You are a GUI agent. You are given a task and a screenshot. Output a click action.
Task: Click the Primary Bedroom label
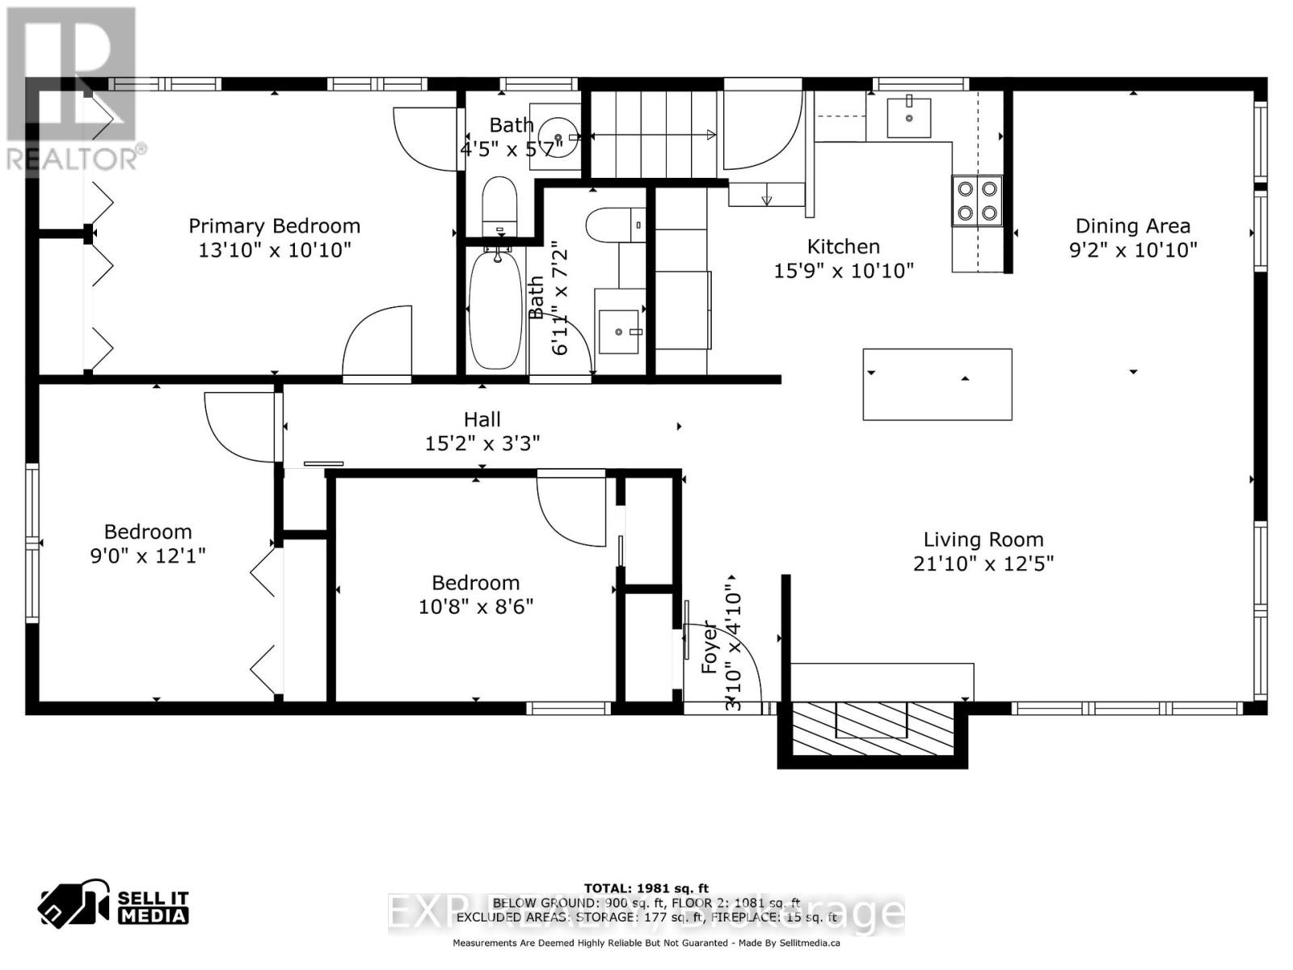click(x=274, y=226)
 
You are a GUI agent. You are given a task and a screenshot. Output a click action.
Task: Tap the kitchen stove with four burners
click(x=977, y=201)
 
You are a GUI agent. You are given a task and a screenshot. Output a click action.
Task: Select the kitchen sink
click(x=909, y=118)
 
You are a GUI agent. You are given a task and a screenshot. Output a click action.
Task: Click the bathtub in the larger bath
click(x=495, y=309)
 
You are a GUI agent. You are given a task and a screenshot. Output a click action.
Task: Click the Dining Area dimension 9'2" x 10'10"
click(x=1132, y=250)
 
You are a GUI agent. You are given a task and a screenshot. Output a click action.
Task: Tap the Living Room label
click(x=983, y=539)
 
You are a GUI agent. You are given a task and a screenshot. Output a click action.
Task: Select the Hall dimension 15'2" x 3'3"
click(x=482, y=443)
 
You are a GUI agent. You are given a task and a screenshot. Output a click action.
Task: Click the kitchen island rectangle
click(x=937, y=385)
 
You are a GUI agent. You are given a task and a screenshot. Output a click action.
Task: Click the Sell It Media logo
click(x=113, y=906)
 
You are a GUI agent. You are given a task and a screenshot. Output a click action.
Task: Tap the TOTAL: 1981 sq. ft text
click(x=646, y=888)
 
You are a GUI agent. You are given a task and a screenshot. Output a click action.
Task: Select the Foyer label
click(x=709, y=647)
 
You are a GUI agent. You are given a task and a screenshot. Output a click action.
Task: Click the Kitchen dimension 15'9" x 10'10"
click(x=843, y=271)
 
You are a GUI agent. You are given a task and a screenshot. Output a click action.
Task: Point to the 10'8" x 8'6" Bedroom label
click(x=475, y=583)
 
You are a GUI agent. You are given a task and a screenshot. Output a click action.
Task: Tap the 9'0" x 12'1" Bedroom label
click(x=148, y=532)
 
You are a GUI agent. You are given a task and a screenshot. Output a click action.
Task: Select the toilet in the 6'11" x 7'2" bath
click(x=615, y=225)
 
